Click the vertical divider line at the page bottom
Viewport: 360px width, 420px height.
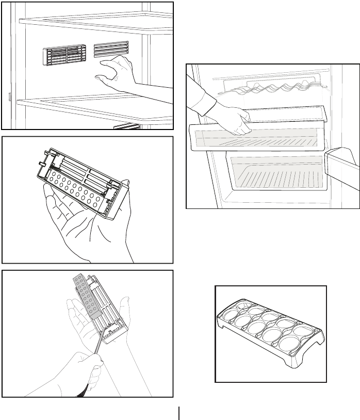coord(179,413)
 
